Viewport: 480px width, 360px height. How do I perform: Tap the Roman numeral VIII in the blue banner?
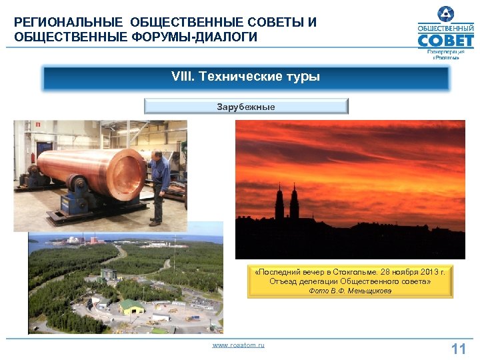tap(181, 77)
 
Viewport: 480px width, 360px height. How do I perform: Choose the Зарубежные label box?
tap(246, 106)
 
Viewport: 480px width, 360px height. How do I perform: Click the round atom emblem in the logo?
tap(445, 13)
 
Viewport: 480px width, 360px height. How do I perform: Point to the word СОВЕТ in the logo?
tap(445, 41)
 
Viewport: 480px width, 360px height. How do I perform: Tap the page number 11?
tap(458, 349)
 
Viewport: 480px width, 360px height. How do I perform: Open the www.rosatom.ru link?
tap(238, 345)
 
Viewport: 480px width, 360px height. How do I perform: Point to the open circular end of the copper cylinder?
tap(129, 175)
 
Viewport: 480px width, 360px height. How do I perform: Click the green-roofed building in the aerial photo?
tap(131, 306)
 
